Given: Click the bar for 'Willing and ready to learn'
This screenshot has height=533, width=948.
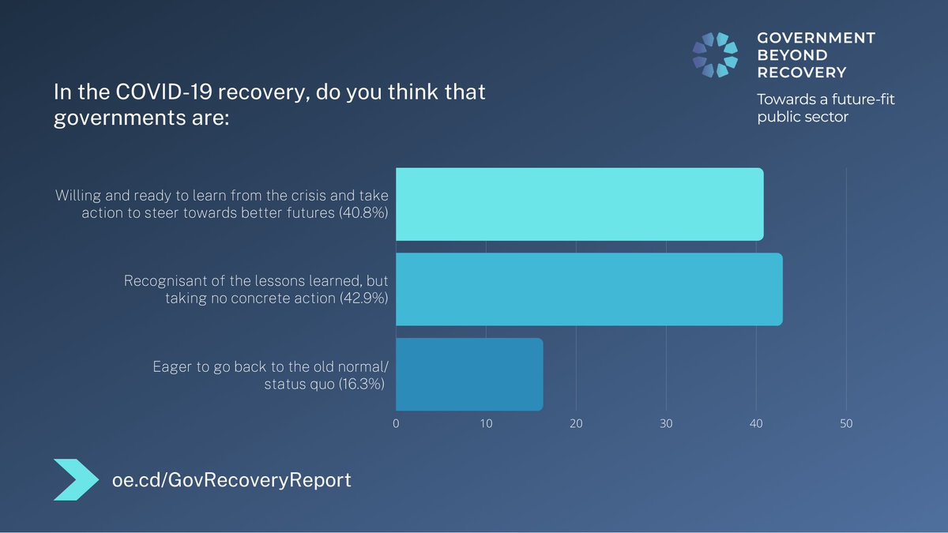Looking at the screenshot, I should click(579, 205).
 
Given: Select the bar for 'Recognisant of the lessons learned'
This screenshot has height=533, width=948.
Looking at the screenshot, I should click(589, 289).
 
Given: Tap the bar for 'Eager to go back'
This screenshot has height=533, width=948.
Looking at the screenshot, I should click(469, 374).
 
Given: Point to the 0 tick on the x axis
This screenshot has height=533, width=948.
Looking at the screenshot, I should click(396, 424).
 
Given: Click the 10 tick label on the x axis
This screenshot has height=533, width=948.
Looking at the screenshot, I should click(486, 424).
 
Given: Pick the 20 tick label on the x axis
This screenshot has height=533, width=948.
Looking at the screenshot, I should click(576, 424).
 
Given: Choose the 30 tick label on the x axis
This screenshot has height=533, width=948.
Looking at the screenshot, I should click(666, 424).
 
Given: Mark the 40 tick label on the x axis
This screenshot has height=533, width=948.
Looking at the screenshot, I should click(756, 424).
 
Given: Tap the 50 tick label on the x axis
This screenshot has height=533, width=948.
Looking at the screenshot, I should click(846, 424).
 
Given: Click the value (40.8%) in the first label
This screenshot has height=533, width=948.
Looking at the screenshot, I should click(363, 213).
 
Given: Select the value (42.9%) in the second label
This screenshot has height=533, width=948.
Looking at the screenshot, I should click(363, 298).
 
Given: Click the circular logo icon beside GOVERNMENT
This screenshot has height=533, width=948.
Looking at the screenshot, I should click(715, 55).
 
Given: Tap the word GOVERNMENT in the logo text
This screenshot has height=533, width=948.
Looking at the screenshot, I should click(816, 38).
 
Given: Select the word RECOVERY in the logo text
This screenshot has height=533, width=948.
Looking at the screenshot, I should click(801, 73).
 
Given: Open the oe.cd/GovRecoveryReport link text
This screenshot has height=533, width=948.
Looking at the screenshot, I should click(231, 479).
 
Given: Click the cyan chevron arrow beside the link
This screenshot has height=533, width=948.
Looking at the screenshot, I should click(77, 479).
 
